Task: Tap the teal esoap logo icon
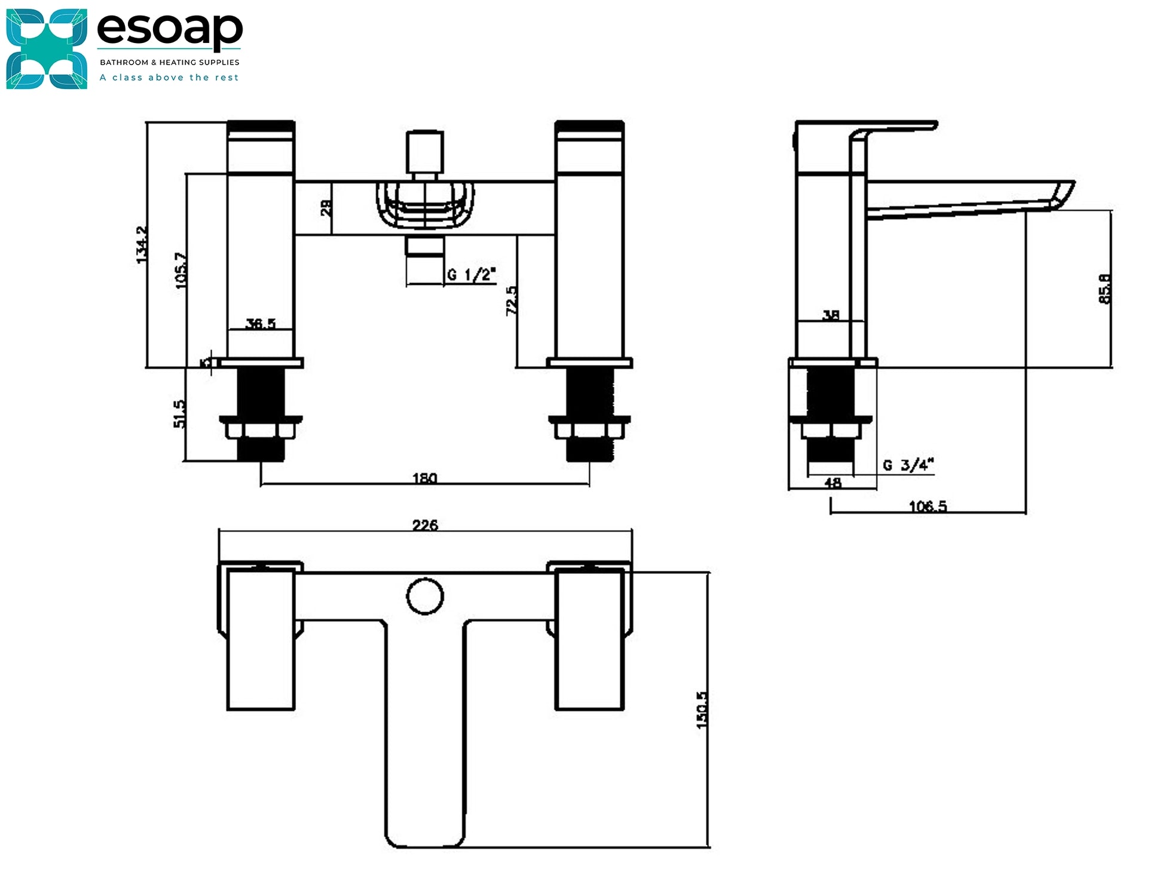[47, 49]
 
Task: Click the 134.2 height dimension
[142, 244]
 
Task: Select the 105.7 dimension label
[181, 271]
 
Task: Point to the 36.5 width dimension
[261, 324]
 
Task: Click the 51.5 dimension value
[179, 414]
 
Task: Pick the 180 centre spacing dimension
[424, 478]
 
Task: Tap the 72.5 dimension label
[512, 300]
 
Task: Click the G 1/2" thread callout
[471, 275]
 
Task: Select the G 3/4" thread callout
[908, 465]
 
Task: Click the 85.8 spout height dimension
[1105, 289]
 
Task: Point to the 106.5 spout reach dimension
[928, 506]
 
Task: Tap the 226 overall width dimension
[425, 524]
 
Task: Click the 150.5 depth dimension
[702, 710]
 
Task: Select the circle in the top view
[425, 596]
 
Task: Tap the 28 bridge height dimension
[326, 208]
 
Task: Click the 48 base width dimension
[833, 483]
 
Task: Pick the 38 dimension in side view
[831, 315]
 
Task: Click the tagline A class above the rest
[169, 78]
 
